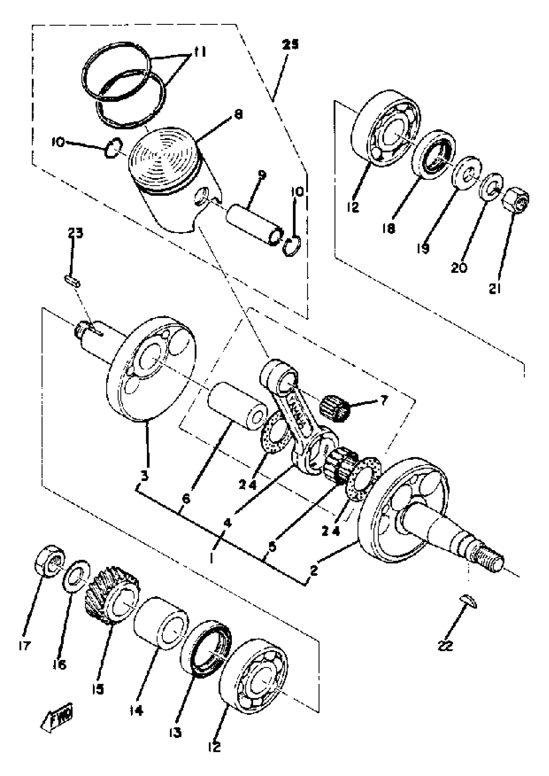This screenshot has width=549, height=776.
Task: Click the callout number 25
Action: coord(291,45)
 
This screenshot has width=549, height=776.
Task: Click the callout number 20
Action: coord(459,268)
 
